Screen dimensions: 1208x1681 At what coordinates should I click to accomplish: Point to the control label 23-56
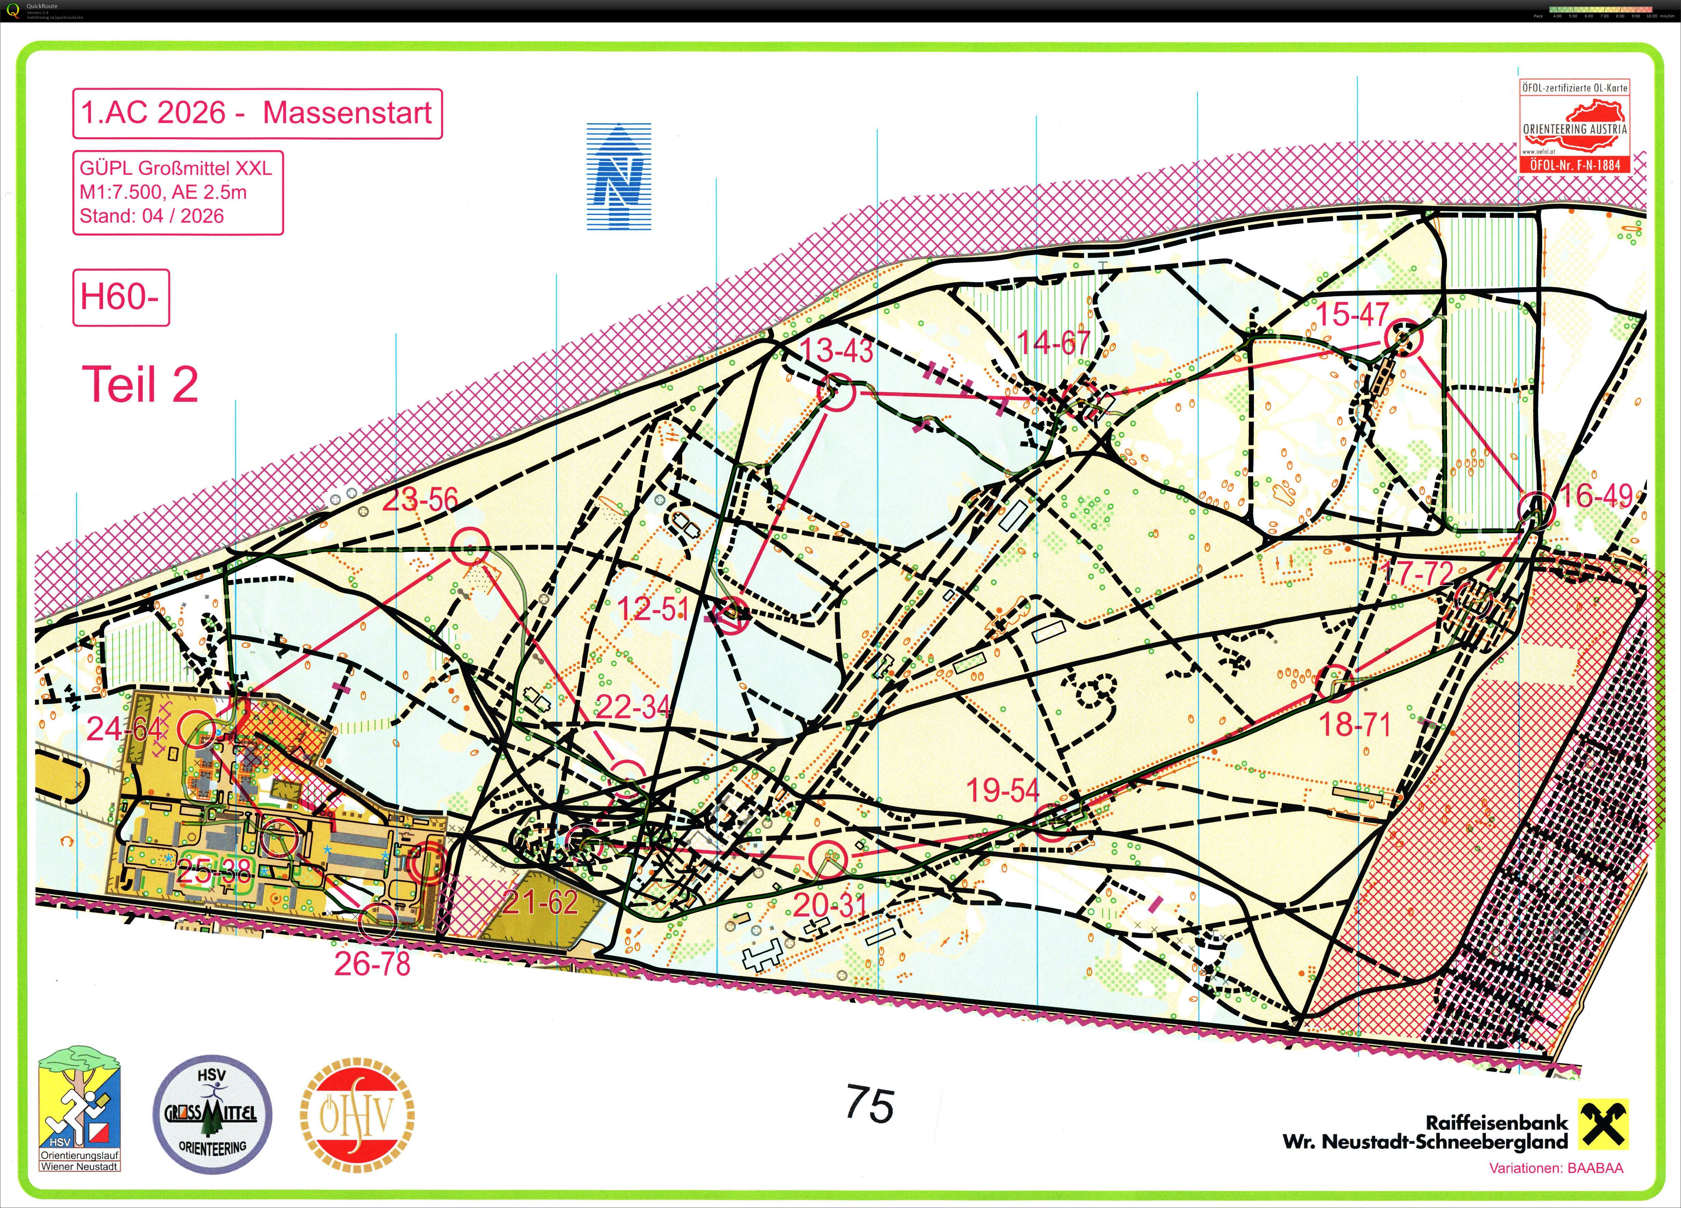[x=420, y=500]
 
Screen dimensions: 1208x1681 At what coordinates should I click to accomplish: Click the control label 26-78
[x=372, y=964]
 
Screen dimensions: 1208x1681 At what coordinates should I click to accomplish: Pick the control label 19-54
[x=1003, y=791]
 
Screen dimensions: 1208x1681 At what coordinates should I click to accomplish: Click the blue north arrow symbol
[x=619, y=176]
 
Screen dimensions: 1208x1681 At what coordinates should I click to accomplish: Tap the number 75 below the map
[x=869, y=1105]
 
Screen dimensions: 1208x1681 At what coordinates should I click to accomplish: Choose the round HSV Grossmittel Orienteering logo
[x=212, y=1114]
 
